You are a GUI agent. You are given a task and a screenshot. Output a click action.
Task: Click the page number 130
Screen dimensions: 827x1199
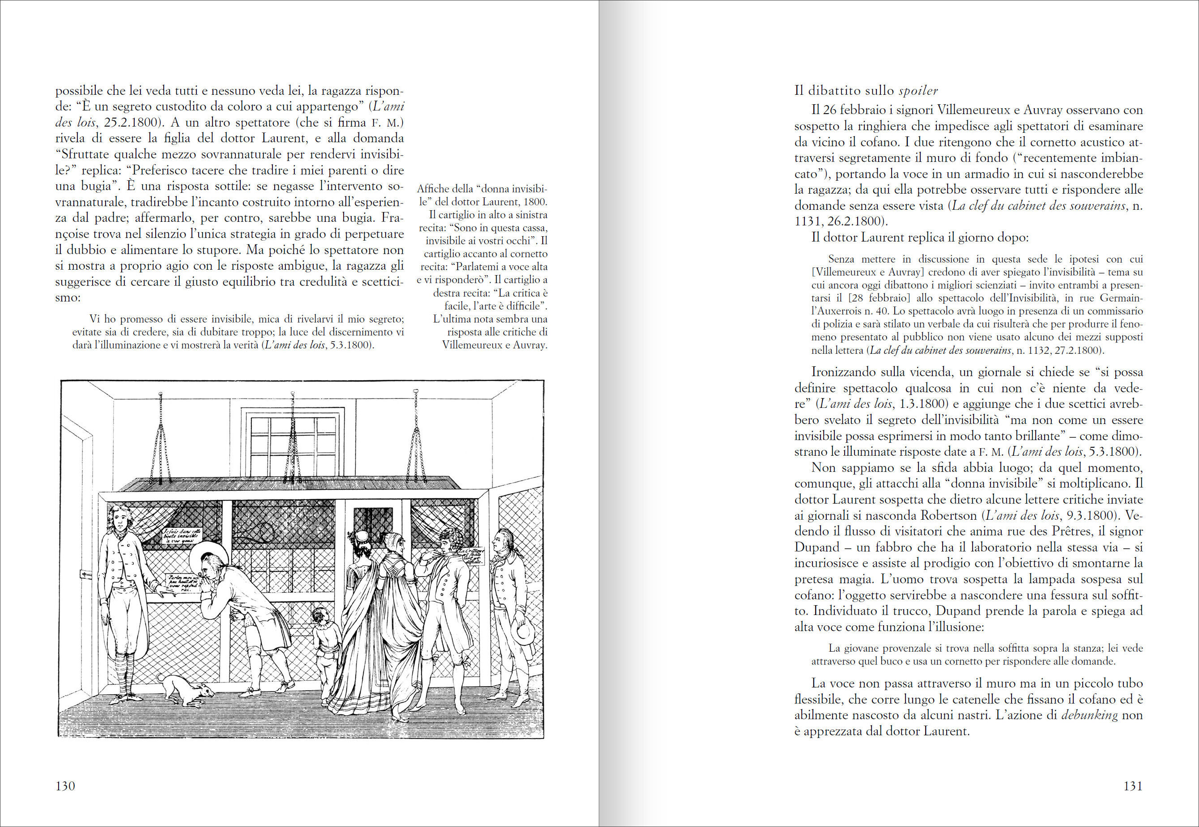click(x=65, y=786)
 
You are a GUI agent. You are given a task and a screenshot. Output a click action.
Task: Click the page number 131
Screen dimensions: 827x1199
click(x=1133, y=786)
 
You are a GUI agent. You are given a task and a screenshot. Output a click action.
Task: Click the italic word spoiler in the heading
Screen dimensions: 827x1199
click(x=918, y=91)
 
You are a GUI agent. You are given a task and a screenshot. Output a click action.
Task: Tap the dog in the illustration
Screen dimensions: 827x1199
click(x=187, y=690)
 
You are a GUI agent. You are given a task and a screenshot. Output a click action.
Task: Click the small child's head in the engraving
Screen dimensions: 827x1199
click(x=320, y=615)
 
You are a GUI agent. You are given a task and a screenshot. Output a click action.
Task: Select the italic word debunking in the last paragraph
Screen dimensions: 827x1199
click(x=1089, y=715)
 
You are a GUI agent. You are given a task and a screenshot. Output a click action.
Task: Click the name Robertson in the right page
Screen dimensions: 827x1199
click(x=949, y=516)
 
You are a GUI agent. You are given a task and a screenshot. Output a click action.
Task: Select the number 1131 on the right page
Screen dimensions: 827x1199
click(x=806, y=221)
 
